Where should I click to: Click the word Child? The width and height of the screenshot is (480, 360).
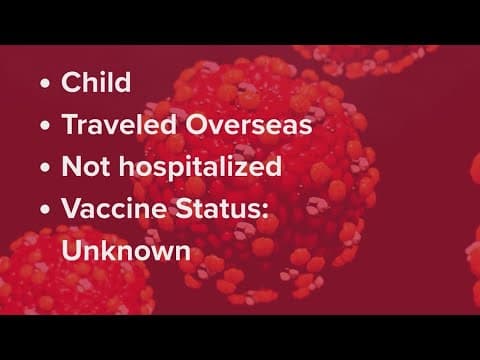(96, 82)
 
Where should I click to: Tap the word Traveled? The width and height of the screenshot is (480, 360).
(112, 124)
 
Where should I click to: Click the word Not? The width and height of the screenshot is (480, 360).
(83, 166)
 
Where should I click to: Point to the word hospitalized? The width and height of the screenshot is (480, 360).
(199, 167)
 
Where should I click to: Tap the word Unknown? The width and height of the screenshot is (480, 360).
(126, 250)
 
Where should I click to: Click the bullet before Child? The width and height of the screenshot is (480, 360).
(45, 83)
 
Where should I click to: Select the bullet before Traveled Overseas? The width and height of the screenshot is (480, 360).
(45, 125)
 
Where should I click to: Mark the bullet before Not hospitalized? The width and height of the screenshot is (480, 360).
(45, 167)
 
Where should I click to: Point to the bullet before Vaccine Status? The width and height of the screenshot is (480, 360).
(45, 209)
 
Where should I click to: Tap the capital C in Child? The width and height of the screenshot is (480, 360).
(71, 82)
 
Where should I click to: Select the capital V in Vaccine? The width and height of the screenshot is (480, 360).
(71, 208)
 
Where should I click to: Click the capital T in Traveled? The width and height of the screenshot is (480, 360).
(69, 124)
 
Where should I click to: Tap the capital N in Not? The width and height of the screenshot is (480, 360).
(71, 166)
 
